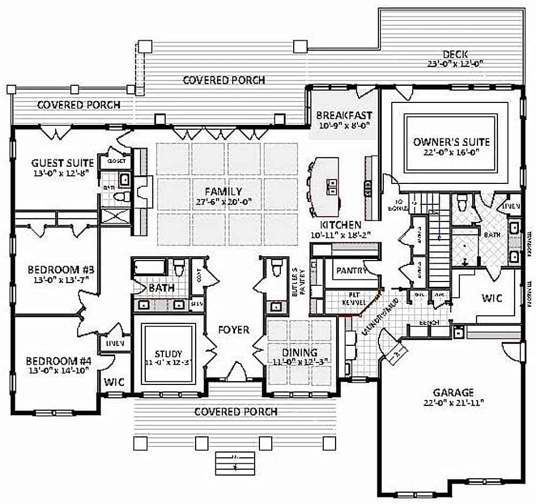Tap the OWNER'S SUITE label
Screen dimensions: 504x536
[x=451, y=142]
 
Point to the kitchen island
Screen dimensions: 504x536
[x=326, y=185]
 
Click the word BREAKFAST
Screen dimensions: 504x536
[x=344, y=115]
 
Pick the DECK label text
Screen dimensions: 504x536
[x=455, y=54]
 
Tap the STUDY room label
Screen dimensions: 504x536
[x=168, y=354]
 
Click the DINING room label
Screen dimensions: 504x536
[x=300, y=352]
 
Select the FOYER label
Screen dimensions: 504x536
[x=234, y=330]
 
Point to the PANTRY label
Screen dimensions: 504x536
[x=352, y=271]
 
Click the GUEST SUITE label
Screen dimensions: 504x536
[x=63, y=162]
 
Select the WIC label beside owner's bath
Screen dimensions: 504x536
[x=492, y=298]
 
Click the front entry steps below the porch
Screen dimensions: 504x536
[x=235, y=461]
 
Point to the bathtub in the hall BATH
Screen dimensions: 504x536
[x=151, y=268]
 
